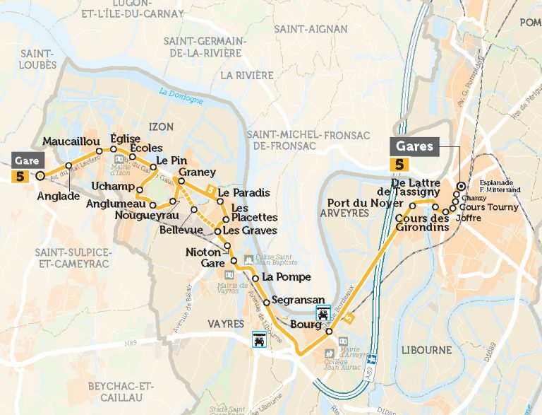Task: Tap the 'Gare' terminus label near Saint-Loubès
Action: [x=25, y=160]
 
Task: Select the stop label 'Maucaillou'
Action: [x=71, y=141]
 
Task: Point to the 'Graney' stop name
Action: [x=197, y=173]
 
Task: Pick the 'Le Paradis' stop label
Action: [x=243, y=192]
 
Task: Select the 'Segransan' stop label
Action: [x=296, y=300]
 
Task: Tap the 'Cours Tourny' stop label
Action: [x=488, y=207]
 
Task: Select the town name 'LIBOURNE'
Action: [x=426, y=350]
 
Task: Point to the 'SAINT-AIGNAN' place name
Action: [x=311, y=29]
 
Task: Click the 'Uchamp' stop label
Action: [x=113, y=186]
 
